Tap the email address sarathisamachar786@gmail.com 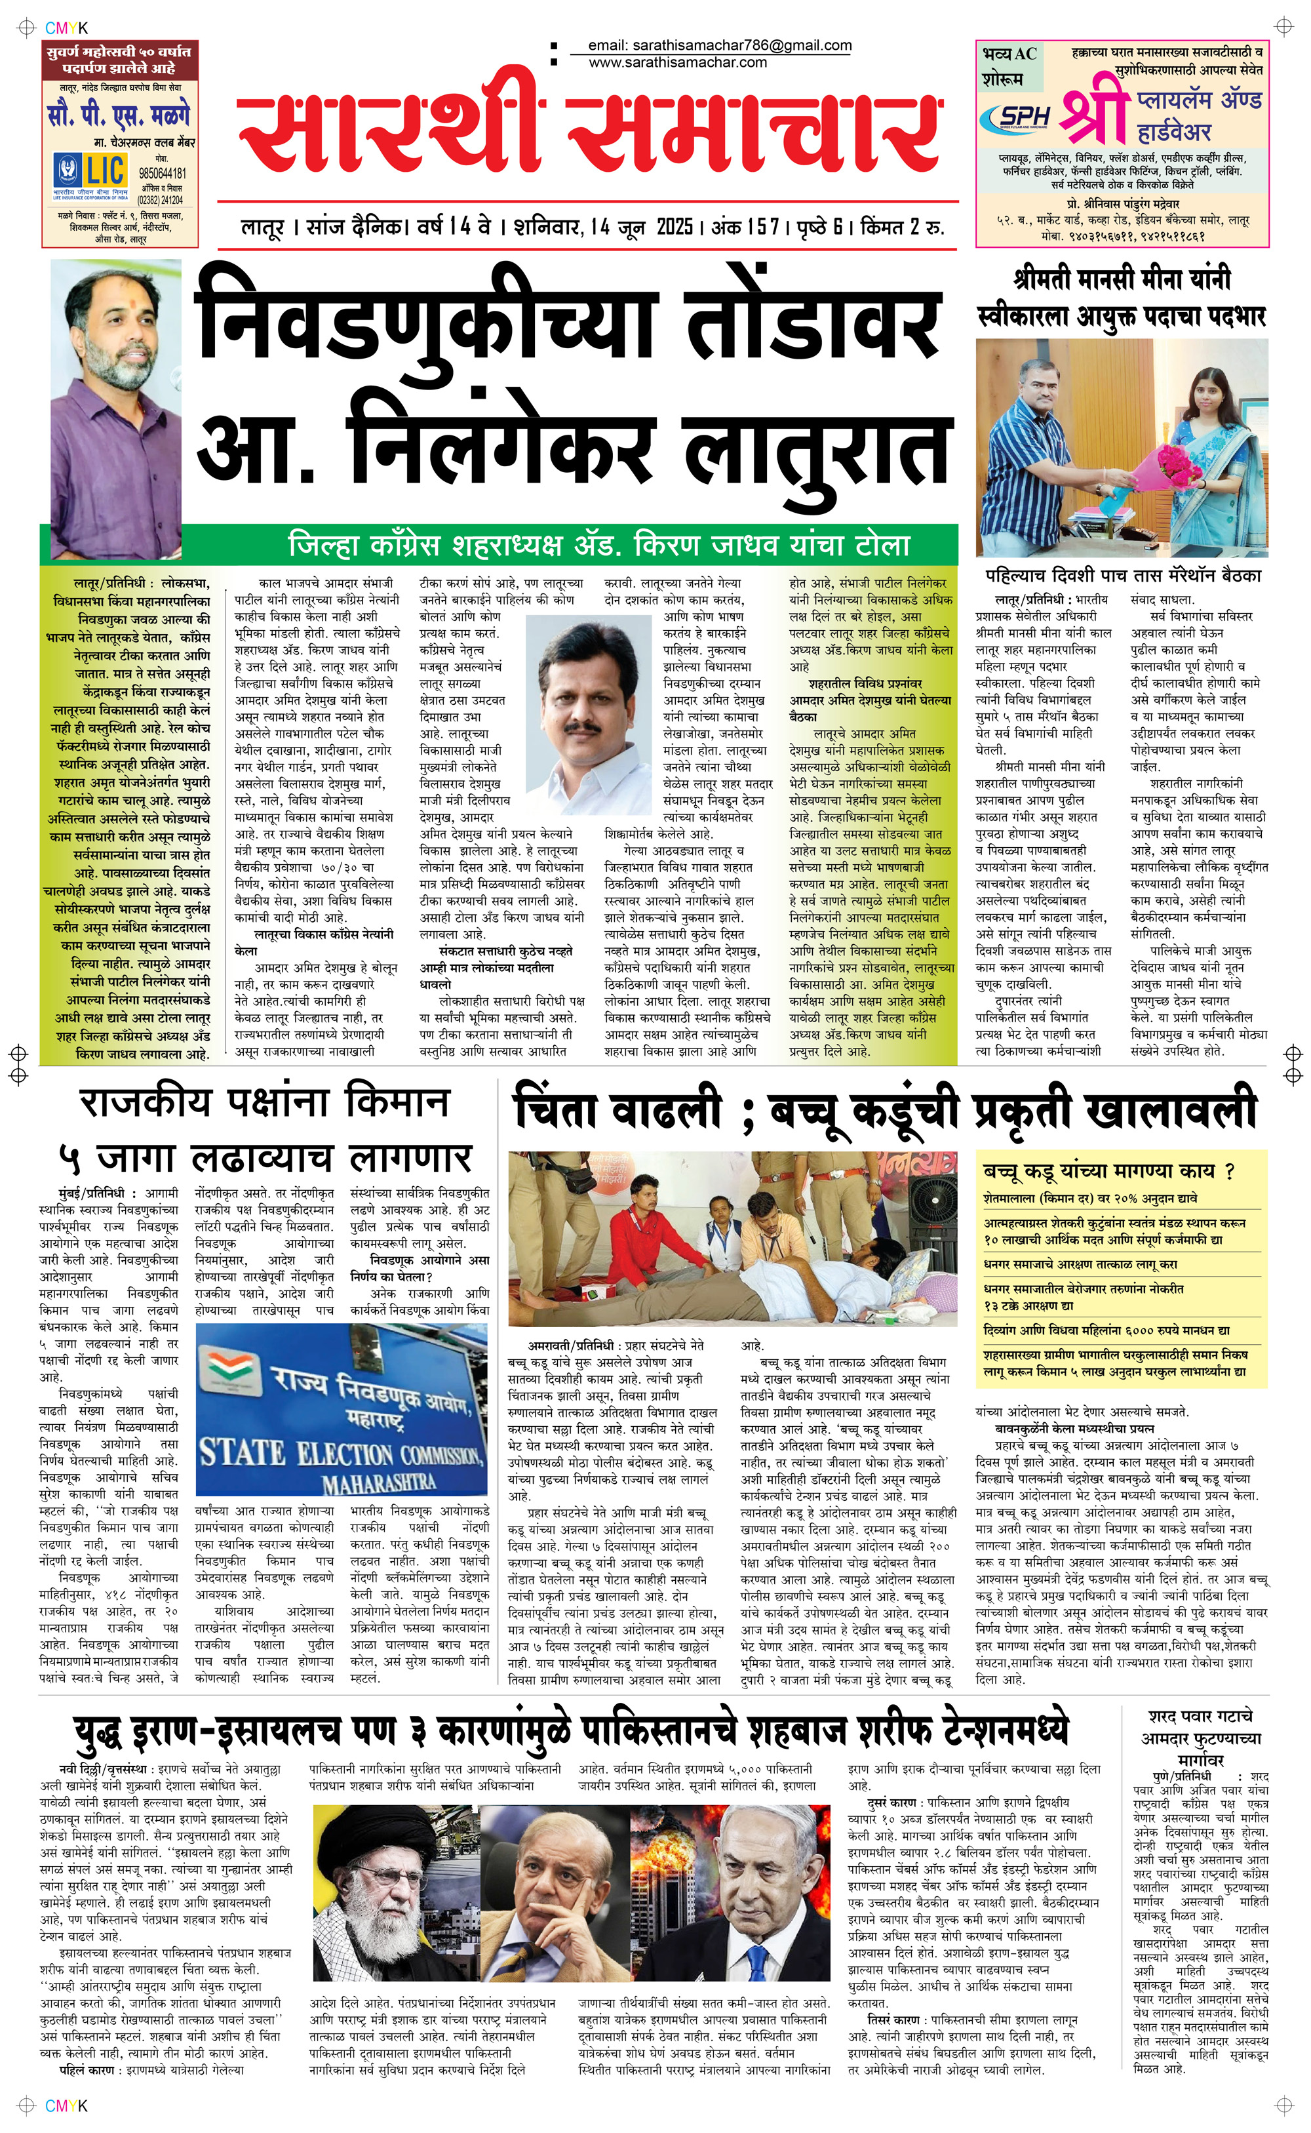[719, 45]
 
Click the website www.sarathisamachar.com [677, 62]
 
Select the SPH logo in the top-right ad [1024, 117]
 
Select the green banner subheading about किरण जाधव [598, 546]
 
